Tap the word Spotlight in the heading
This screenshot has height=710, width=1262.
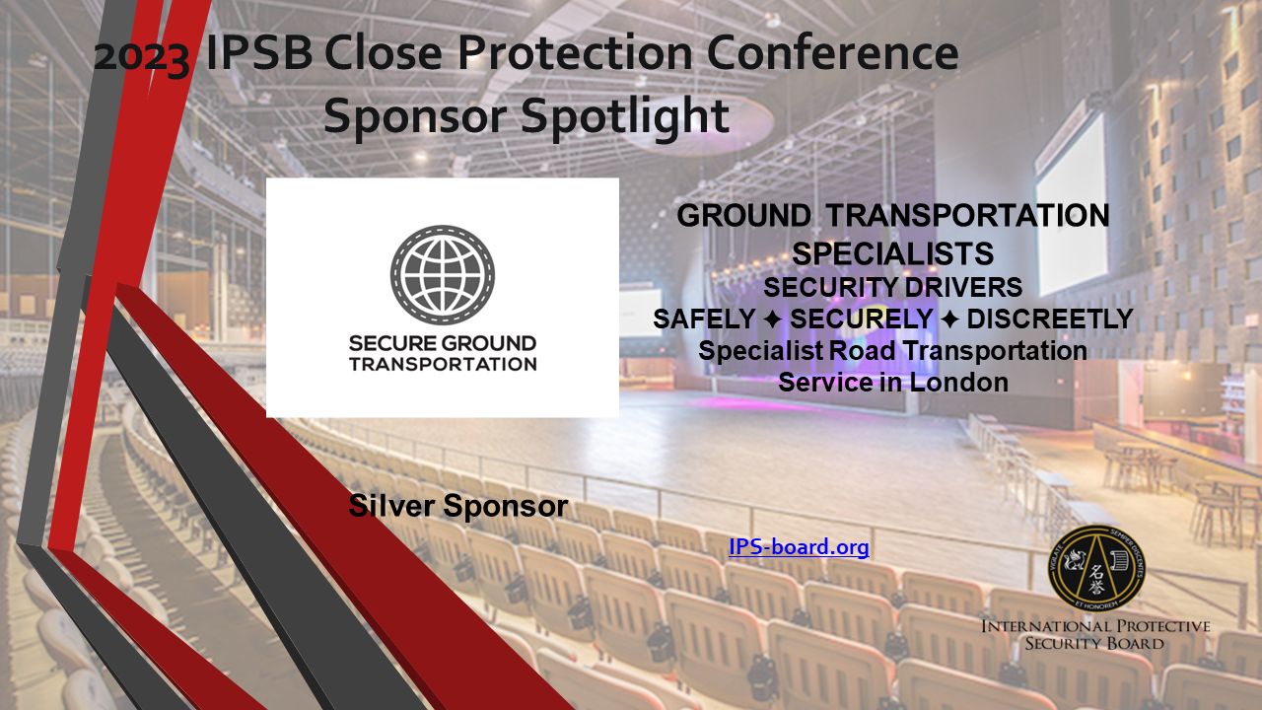coord(625,116)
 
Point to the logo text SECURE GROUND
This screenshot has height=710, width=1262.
coord(442,344)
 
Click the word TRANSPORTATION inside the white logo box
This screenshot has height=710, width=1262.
coord(442,363)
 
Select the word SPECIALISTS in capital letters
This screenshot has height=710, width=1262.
coord(892,253)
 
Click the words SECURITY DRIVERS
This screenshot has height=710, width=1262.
coord(892,287)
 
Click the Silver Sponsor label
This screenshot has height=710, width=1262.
coord(458,506)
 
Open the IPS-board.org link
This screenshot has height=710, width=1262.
coord(799,546)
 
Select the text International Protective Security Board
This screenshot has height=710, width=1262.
coord(1094,635)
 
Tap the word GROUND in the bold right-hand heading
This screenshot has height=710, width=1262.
coord(744,215)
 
